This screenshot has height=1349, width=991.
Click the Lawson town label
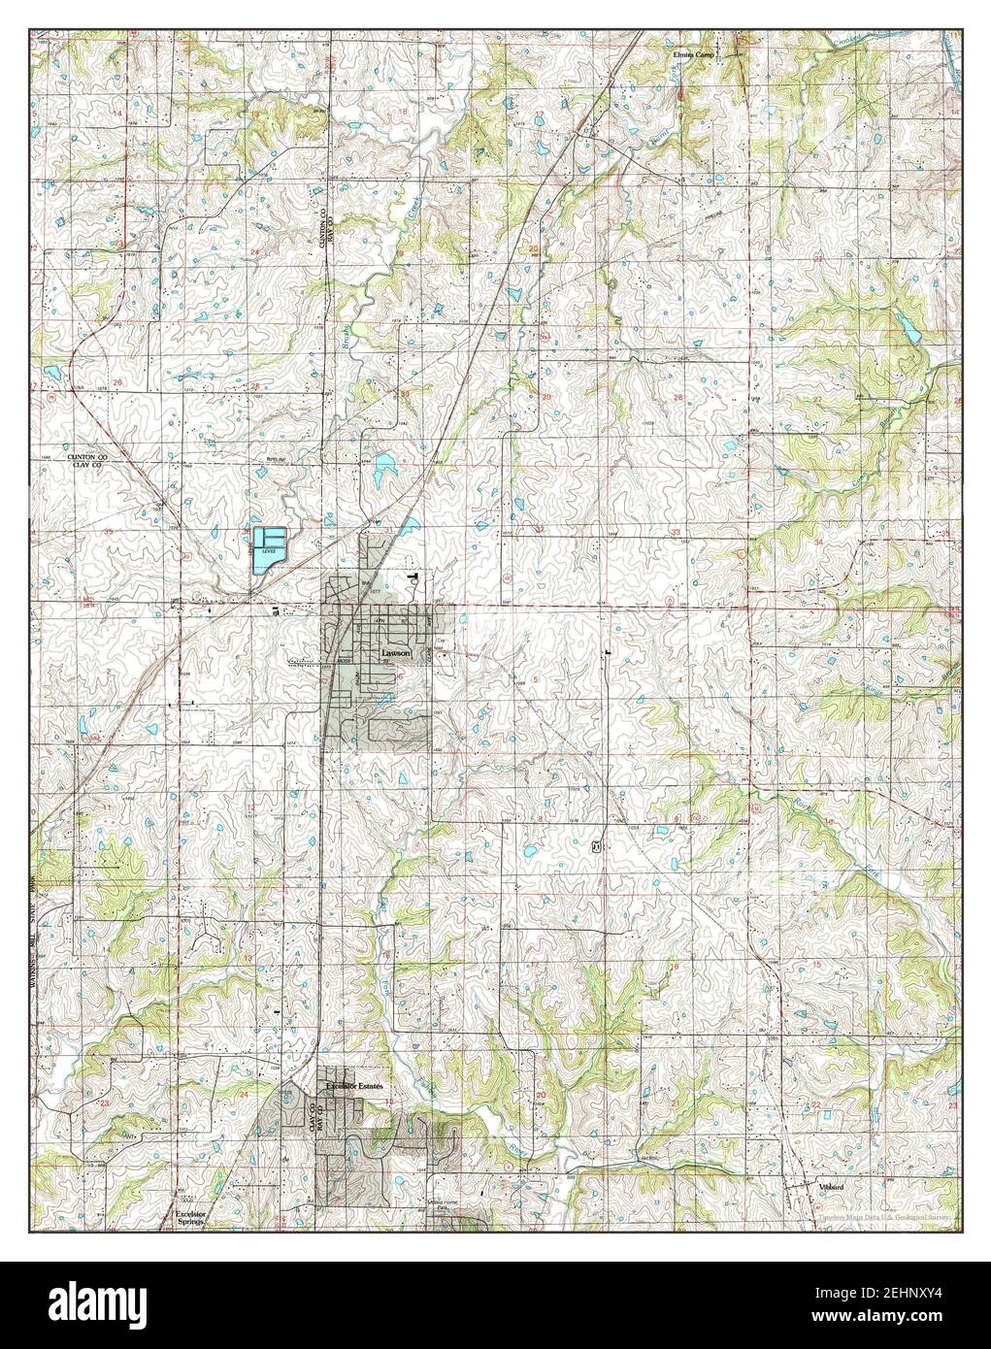pyautogui.click(x=396, y=654)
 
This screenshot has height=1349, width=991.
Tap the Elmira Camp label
pyautogui.click(x=693, y=54)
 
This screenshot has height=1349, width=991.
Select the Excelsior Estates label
pyautogui.click(x=355, y=1084)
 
